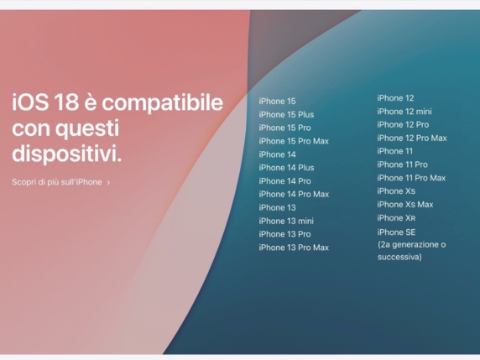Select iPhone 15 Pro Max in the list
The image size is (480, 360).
(294, 141)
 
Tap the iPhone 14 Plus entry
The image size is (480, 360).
(286, 168)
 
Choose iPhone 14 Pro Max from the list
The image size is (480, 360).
(294, 195)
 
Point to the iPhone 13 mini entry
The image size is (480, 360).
(286, 221)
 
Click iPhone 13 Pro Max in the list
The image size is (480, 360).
(294, 248)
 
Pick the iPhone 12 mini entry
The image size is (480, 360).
(404, 112)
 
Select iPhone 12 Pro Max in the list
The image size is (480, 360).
(412, 138)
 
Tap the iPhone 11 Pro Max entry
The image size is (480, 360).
(411, 178)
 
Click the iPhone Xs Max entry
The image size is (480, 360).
(405, 205)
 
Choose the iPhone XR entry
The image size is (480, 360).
(396, 218)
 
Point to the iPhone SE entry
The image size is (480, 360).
(396, 232)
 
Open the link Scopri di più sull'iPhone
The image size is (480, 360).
(57, 182)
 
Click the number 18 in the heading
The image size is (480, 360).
(60, 103)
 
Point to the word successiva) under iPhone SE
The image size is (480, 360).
(399, 257)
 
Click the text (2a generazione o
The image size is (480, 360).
(411, 244)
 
